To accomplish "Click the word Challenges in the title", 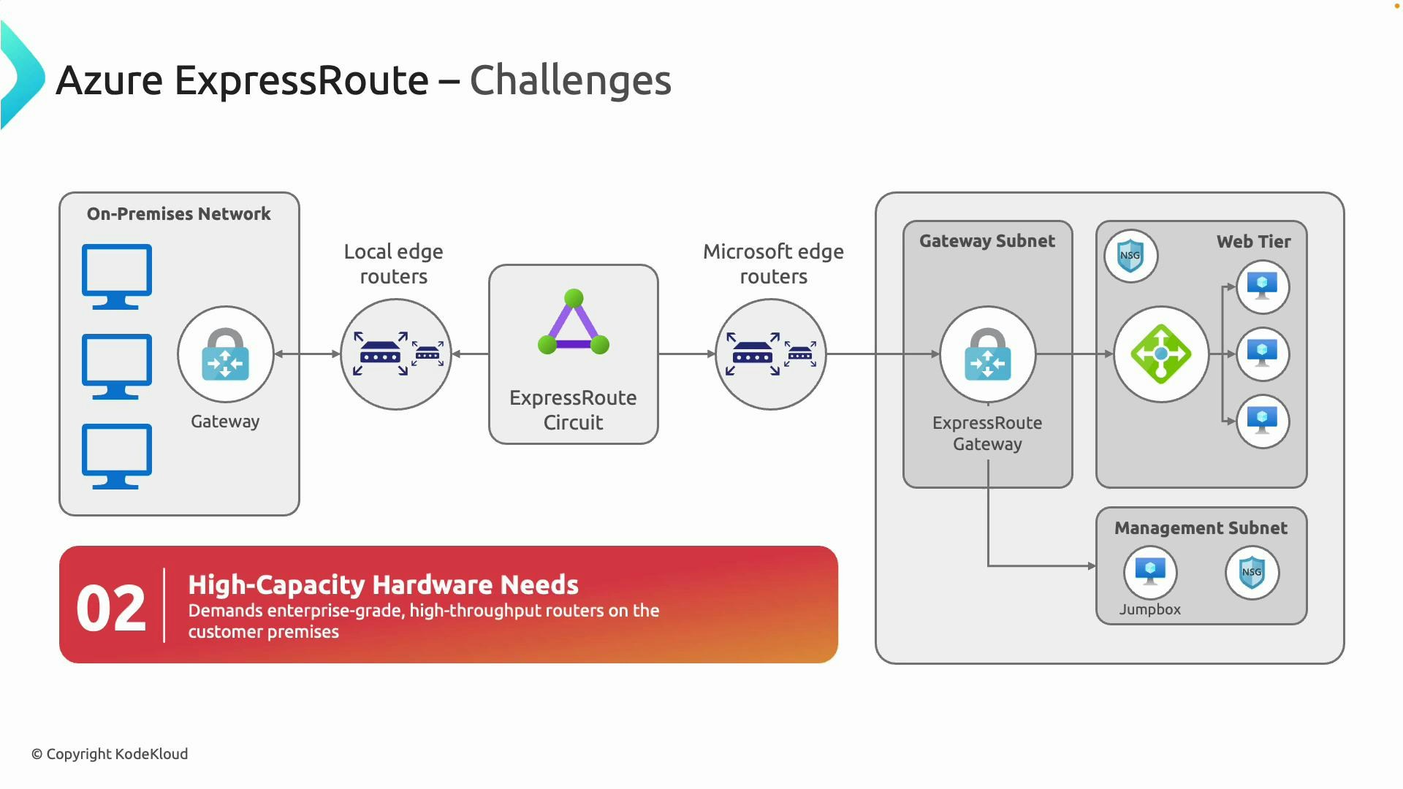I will coord(570,80).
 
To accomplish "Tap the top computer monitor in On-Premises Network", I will coord(117,275).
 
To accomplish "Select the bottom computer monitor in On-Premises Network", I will coord(117,455).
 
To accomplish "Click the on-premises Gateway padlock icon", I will coord(225,354).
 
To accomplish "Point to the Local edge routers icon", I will coord(396,354).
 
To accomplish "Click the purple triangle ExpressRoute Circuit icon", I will coord(574,324).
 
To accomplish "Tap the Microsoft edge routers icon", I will coord(770,354).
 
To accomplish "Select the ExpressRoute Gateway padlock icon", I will coord(987,354).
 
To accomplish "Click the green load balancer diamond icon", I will coord(1160,354).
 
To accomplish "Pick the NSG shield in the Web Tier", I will coord(1130,256).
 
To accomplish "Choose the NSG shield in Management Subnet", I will coord(1252,572).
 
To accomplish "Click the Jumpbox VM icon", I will coord(1150,571).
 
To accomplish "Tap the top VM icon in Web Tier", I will coord(1262,286).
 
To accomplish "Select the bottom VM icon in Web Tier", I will coord(1262,421).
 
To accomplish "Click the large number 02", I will coord(111,608).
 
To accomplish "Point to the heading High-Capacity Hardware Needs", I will coord(383,584).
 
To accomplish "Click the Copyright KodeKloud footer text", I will coord(110,754).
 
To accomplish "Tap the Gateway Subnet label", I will coord(986,241).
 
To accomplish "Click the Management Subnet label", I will coord(1201,528).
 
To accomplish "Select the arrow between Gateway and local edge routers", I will coord(307,354).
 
